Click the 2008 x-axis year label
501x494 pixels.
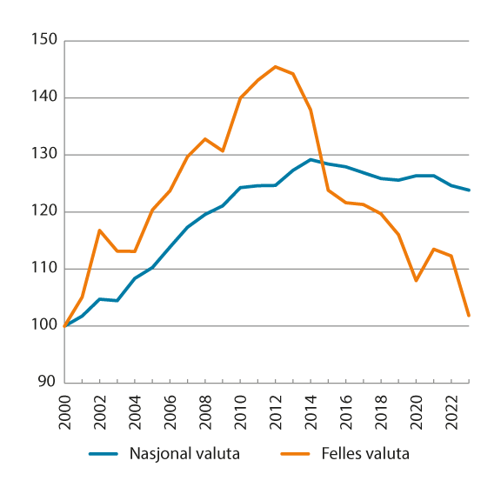point(206,408)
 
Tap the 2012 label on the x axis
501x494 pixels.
point(277,408)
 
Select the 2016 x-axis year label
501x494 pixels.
point(346,408)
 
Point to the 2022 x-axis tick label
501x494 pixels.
point(451,408)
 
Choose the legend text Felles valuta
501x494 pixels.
point(364,453)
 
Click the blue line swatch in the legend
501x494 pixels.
point(104,454)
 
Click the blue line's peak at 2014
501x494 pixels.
point(311,159)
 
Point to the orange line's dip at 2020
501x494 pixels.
point(417,280)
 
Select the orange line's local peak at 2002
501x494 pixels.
point(101,230)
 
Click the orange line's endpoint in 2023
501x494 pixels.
point(469,316)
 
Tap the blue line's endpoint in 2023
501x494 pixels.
point(469,190)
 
